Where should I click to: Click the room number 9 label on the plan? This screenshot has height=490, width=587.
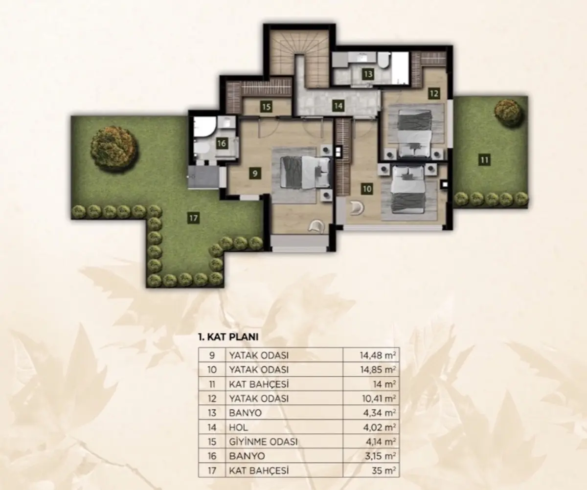pyautogui.click(x=255, y=173)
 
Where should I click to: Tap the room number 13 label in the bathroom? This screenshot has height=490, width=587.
pyautogui.click(x=368, y=74)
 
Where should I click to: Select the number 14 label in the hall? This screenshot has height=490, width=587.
pyautogui.click(x=338, y=106)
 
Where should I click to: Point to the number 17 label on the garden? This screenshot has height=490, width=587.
pyautogui.click(x=193, y=218)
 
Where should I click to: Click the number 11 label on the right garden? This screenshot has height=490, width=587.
pyautogui.click(x=484, y=160)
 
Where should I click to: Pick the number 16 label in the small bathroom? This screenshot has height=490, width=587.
pyautogui.click(x=222, y=144)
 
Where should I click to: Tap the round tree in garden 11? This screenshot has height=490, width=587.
pyautogui.click(x=507, y=111)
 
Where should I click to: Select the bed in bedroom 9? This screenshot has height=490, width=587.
pyautogui.click(x=305, y=172)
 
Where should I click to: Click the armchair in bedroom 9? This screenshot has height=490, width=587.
pyautogui.click(x=316, y=226)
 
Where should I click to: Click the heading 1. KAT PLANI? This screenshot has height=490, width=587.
pyautogui.click(x=228, y=337)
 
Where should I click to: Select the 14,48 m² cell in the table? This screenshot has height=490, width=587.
pyautogui.click(x=378, y=356)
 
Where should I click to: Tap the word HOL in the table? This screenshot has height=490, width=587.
pyautogui.click(x=238, y=427)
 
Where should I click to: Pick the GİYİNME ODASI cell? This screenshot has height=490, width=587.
pyautogui.click(x=263, y=442)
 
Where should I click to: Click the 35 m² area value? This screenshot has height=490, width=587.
pyautogui.click(x=384, y=470)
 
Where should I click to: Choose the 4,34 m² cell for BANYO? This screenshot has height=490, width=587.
pyautogui.click(x=380, y=413)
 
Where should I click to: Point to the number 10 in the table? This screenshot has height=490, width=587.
pyautogui.click(x=212, y=370)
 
